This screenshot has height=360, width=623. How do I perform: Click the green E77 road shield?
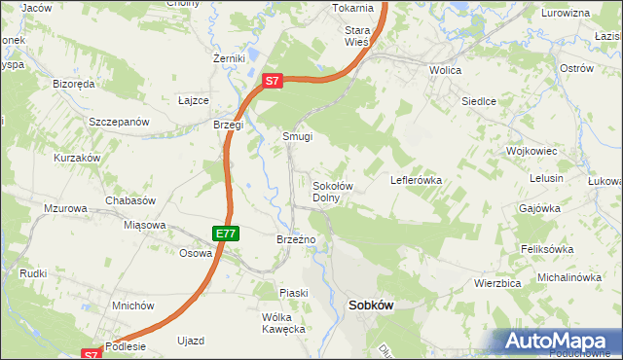(x=226, y=234)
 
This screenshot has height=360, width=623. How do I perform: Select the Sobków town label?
(x=371, y=306)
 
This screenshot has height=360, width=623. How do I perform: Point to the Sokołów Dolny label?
(x=331, y=192)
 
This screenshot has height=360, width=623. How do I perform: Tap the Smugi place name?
(x=298, y=136)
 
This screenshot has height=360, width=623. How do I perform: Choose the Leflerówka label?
(x=417, y=181)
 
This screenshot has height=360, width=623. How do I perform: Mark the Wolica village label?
(x=445, y=71)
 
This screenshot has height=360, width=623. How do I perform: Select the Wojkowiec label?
(x=531, y=152)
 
